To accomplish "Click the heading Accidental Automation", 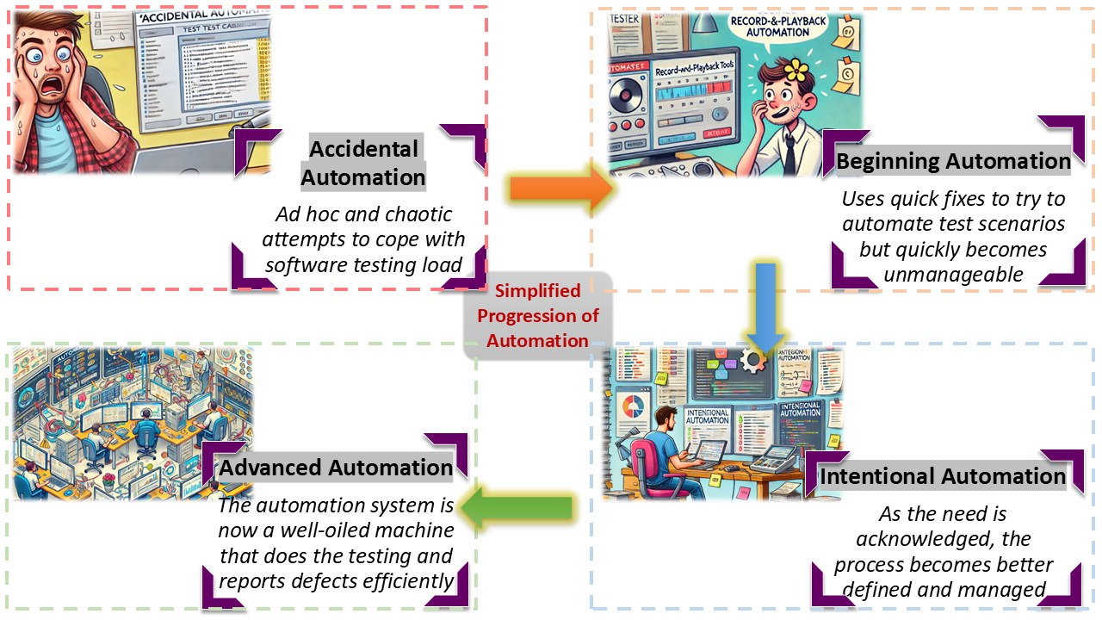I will [x=362, y=163].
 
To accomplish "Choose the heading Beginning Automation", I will [x=953, y=161].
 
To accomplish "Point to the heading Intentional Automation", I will [x=943, y=476].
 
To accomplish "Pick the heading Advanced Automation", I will [x=336, y=468].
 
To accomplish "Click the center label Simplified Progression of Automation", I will [x=537, y=315].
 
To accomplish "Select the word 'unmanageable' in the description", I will [x=953, y=275].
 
